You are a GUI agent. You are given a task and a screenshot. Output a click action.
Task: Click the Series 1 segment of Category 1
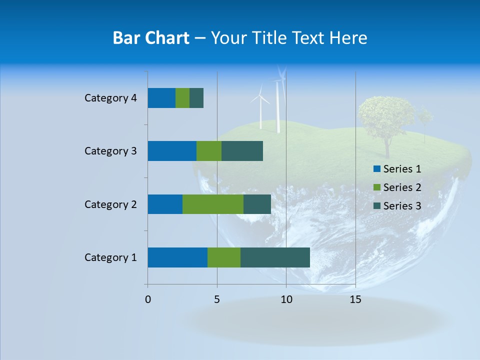tap(177, 257)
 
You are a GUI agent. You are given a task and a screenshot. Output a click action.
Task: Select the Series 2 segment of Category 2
tap(213, 204)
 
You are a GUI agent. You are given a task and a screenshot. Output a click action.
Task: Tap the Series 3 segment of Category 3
tap(242, 151)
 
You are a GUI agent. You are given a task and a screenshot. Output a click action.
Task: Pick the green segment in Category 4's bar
tap(182, 98)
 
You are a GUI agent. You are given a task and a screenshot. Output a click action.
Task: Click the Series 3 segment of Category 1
tap(275, 257)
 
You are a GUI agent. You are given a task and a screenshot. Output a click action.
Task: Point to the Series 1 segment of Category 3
tap(172, 151)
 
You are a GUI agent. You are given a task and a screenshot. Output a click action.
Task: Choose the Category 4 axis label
tap(110, 98)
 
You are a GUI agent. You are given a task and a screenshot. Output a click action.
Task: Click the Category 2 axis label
tap(110, 204)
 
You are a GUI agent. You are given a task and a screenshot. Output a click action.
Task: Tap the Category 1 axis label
tap(110, 257)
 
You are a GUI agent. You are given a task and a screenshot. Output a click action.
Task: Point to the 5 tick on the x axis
tap(217, 299)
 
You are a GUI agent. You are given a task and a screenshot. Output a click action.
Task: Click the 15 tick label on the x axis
tap(355, 299)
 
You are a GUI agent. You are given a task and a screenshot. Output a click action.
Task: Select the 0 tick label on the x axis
tap(148, 299)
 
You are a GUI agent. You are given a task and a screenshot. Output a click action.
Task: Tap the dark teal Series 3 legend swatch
tap(376, 206)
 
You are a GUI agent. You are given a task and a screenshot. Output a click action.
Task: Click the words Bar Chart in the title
tap(151, 38)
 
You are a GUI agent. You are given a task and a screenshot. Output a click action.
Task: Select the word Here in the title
tap(349, 38)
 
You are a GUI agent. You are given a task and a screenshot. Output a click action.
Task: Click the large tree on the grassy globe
tap(386, 120)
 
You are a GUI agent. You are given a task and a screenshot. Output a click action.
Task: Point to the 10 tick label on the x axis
tap(286, 299)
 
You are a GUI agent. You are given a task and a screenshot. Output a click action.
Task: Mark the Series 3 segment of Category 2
tap(257, 204)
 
